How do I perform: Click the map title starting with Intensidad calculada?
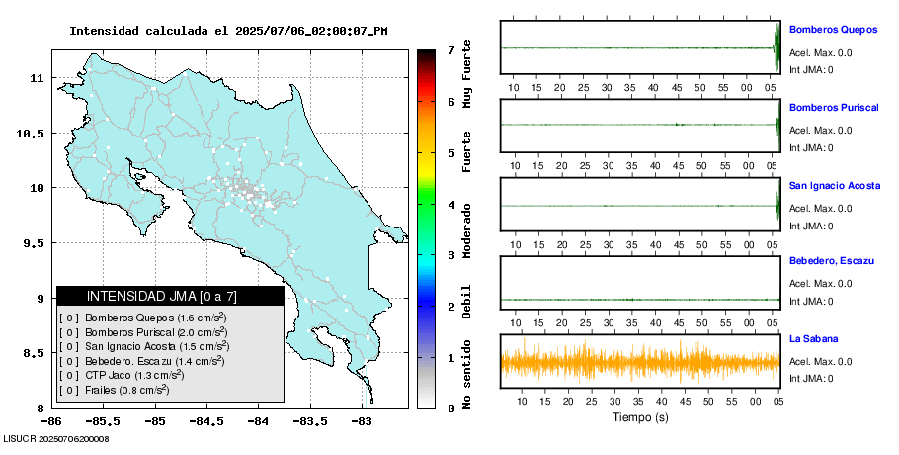[x=228, y=31]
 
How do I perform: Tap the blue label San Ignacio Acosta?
[x=836, y=185]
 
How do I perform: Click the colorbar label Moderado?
[x=466, y=230]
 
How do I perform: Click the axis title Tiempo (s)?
[x=639, y=418]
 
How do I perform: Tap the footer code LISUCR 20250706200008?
[x=56, y=438]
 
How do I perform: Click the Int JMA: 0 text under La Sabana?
[x=811, y=379]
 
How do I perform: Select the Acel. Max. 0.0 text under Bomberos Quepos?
[x=820, y=53]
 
